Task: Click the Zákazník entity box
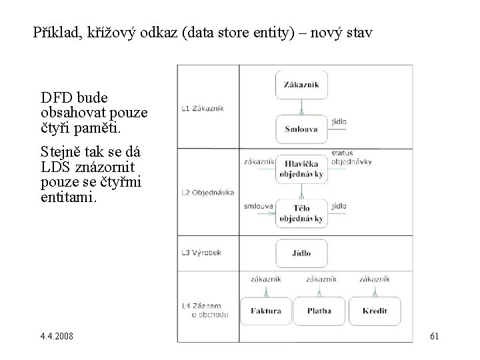301,85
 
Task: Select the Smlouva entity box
301,129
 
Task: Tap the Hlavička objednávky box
301,169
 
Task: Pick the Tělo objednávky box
301,213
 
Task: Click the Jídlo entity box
301,253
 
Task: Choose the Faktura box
266,311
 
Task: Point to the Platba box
319,311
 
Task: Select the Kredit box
375,311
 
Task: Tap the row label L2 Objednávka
207,193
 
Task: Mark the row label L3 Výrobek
200,253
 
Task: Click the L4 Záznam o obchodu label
206,309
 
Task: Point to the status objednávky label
351,157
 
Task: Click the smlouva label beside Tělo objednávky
259,206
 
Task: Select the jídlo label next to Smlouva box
338,122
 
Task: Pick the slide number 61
435,335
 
